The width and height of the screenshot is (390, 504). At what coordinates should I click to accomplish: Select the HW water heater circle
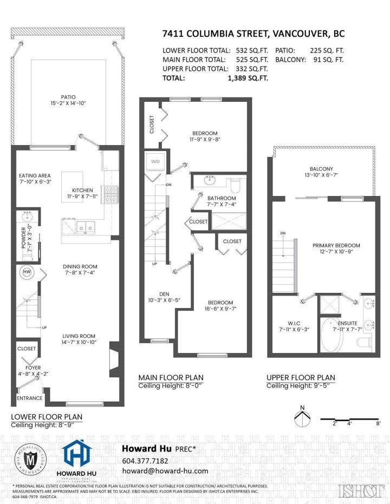(27, 272)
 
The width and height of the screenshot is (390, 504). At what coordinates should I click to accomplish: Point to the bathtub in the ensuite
(331, 333)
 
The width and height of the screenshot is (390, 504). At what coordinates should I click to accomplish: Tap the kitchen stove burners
(110, 194)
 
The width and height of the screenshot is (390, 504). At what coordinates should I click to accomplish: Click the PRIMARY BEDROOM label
(336, 245)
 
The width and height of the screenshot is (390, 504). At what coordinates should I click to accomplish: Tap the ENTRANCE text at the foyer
(29, 398)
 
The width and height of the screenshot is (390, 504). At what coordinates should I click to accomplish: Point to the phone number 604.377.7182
(145, 461)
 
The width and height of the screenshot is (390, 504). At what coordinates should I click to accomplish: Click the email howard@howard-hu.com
(165, 471)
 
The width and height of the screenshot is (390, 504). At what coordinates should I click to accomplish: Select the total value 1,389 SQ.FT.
(248, 78)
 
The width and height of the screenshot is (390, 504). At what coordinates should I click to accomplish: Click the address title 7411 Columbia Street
(253, 34)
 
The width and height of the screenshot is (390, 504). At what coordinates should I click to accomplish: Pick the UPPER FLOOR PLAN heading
(300, 377)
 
